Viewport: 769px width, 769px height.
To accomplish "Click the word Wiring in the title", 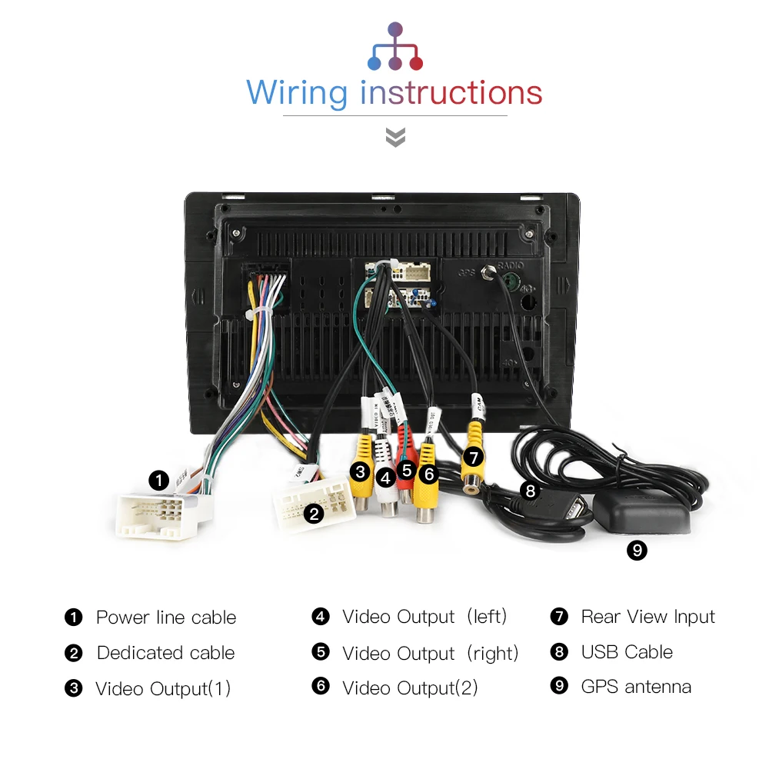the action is pos(297,94).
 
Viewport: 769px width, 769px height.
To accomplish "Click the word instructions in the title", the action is pos(451,93).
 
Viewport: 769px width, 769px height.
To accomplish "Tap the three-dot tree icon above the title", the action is pos(395,48).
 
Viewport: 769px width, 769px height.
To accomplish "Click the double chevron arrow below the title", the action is pos(395,138).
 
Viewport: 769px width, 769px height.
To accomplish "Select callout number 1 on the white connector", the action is pos(158,481).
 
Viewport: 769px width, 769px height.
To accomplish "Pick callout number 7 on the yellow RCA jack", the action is pos(474,458).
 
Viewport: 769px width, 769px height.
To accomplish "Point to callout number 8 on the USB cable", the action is pos(529,490).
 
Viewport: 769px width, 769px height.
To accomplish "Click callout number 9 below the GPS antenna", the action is pos(637,550).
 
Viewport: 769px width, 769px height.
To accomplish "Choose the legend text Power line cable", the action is pos(165,618).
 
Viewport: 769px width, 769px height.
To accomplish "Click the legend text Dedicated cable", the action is pos(165,653).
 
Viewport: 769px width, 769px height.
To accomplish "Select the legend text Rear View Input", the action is pos(647,617).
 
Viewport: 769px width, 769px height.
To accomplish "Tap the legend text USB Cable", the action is pos(627,652).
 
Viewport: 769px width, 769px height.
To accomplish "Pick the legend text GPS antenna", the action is pos(636,687).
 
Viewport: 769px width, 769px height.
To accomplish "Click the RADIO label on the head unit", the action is pos(509,265).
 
